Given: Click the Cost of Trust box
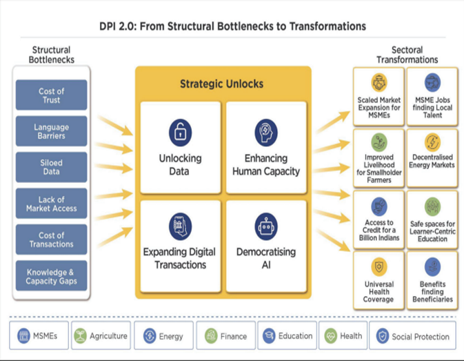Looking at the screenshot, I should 51,95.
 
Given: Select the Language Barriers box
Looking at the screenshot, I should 51,131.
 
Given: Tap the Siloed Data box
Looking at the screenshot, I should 51,167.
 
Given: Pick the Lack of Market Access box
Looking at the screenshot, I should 51,204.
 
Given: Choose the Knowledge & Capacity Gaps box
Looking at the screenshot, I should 51,276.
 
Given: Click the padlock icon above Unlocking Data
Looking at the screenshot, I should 180,133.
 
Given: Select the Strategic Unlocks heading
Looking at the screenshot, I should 221,84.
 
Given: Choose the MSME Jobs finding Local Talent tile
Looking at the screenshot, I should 432,97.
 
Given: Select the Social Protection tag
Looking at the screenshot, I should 412,336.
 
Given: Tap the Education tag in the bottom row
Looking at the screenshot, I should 287,336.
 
